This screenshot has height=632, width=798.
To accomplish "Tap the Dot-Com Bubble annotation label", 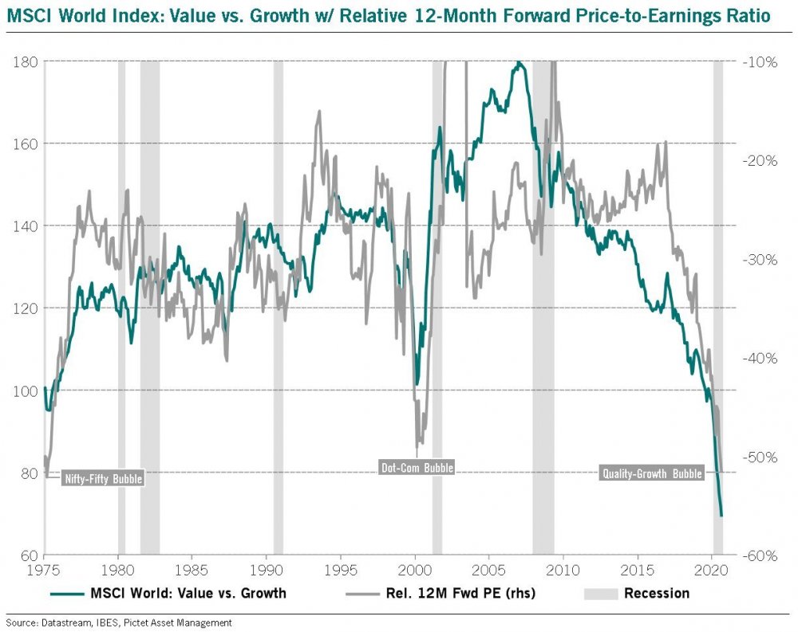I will [x=415, y=468].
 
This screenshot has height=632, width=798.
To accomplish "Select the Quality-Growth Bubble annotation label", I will [x=651, y=473].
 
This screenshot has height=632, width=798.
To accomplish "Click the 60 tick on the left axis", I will [x=29, y=555].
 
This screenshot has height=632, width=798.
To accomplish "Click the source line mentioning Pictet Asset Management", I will [x=120, y=622].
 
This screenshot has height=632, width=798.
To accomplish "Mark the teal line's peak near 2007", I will [x=519, y=62].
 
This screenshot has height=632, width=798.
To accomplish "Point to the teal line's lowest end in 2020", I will [x=721, y=516].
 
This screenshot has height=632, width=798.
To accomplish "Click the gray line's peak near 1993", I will [x=319, y=111].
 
